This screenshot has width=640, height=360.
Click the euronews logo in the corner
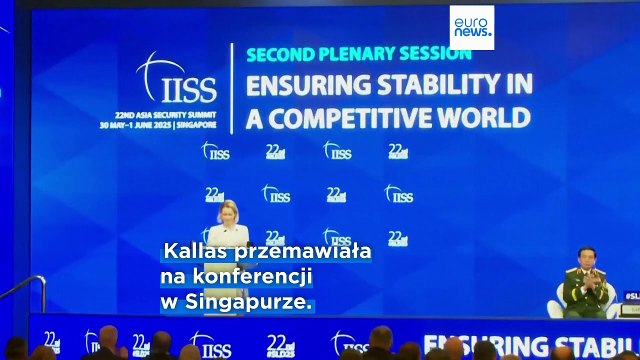pos(471,27)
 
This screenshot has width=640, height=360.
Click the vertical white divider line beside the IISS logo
pos(234,90)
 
